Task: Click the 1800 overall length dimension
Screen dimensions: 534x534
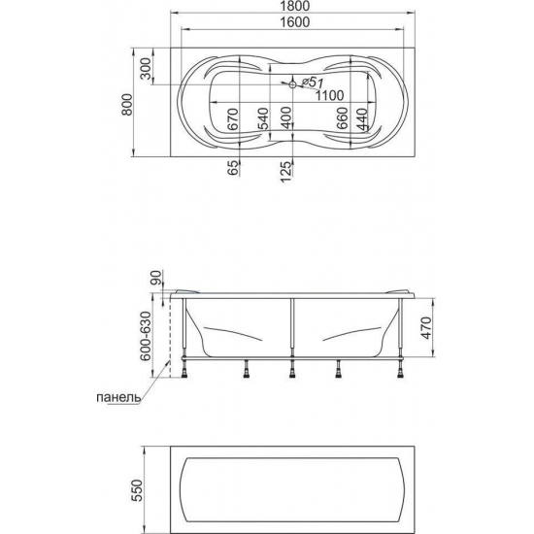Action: [295, 6]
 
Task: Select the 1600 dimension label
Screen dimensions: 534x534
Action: [295, 22]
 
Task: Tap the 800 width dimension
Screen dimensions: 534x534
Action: [128, 105]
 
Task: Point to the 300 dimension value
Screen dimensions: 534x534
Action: [146, 69]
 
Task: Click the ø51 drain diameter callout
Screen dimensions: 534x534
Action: [312, 82]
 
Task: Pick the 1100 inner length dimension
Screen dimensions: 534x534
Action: [329, 95]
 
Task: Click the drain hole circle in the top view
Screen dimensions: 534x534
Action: [292, 84]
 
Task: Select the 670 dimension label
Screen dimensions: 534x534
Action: [233, 119]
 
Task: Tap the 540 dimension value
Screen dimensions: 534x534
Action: [263, 118]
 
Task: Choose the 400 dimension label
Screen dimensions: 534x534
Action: [286, 117]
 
